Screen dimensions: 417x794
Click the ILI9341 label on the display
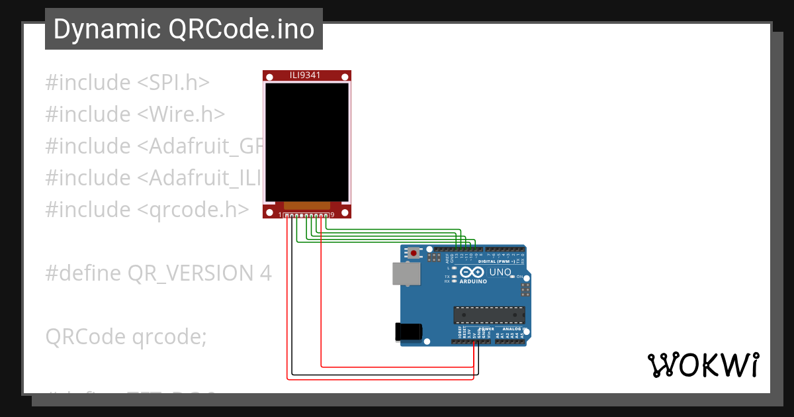[306, 75]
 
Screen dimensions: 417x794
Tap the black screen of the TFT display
[307, 142]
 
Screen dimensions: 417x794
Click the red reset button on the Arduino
[414, 253]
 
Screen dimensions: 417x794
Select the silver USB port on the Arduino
[406, 273]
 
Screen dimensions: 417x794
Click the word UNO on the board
[500, 272]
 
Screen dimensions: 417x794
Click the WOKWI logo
[703, 365]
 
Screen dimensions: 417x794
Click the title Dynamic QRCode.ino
[183, 29]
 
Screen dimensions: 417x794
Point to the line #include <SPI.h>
[128, 83]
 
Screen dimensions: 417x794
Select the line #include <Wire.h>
[135, 115]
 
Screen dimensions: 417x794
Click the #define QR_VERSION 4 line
[158, 273]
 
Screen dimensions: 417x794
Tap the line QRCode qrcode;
[126, 336]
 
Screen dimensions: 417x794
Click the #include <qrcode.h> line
[147, 209]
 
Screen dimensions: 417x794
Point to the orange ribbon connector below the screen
[306, 207]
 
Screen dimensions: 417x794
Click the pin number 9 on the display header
[332, 214]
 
